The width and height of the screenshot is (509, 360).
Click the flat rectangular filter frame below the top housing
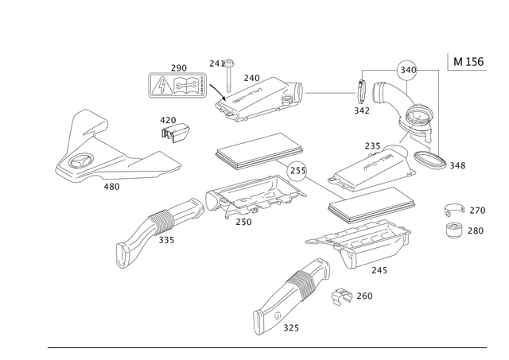tap(260, 153)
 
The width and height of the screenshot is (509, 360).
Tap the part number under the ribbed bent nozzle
tap(165, 241)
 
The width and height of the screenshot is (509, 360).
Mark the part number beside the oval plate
tap(456, 166)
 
